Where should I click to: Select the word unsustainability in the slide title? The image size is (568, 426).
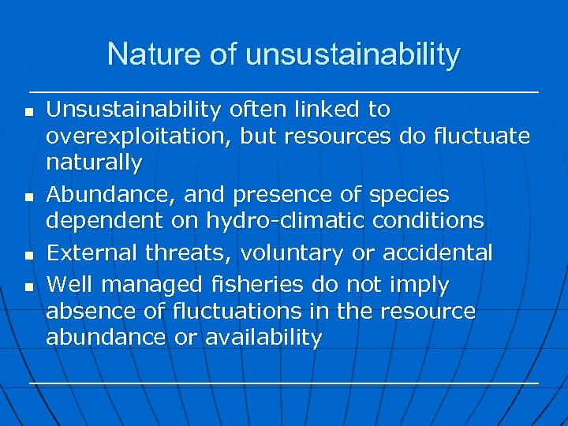pos(353,54)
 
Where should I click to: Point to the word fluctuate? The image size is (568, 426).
pos(481,136)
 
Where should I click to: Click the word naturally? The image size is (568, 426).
pos(94,163)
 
